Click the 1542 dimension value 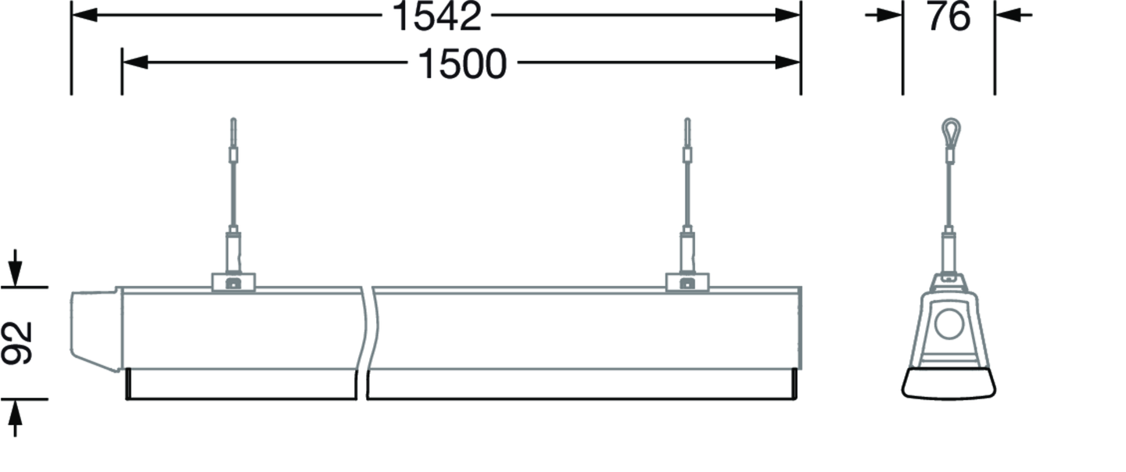pos(436,16)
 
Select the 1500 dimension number pos(462,64)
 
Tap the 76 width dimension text pos(949,16)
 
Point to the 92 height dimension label pos(16,343)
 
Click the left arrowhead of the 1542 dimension pos(84,15)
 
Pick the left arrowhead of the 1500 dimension pos(135,63)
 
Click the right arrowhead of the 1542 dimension pos(787,15)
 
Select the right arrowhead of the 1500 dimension pos(787,63)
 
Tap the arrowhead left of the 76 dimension pos(890,15)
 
